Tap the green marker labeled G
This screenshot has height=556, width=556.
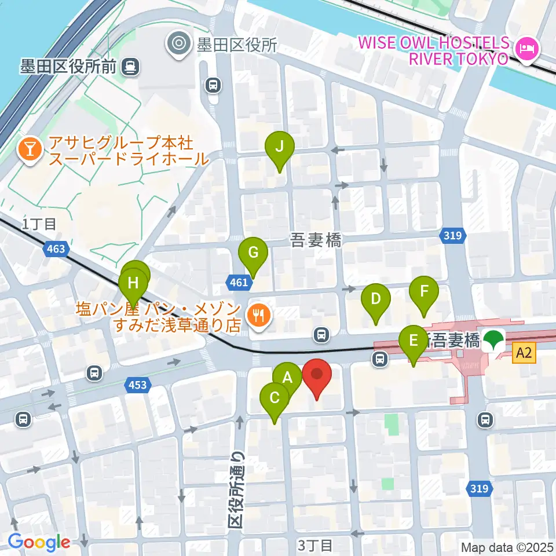coord(253,253)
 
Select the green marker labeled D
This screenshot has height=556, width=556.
coord(375,299)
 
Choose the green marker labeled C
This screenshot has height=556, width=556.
coord(275,398)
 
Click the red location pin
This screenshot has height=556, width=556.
coord(317,375)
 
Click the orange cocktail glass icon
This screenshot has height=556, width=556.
coord(28,149)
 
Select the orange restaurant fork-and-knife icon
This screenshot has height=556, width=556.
coord(255,316)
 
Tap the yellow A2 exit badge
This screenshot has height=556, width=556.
coord(524,352)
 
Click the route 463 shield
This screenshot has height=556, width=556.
coord(56,250)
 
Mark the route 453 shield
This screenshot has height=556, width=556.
coord(138,385)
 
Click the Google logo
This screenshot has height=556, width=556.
coord(39,542)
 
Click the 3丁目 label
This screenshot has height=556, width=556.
coord(316,545)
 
